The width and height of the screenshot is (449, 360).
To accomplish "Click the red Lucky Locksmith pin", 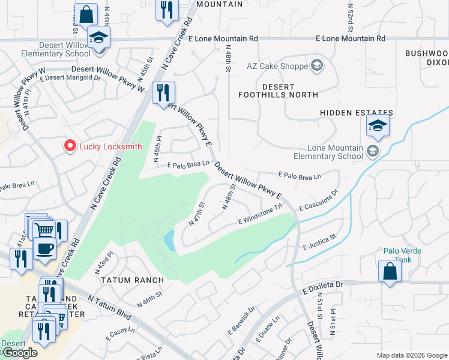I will (70, 146).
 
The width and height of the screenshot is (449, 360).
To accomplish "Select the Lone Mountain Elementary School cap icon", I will (378, 125).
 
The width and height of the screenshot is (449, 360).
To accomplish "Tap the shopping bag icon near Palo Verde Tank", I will (390, 271).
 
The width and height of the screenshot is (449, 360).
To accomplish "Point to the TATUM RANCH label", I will (125, 280).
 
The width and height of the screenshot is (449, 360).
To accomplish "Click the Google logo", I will (19, 353).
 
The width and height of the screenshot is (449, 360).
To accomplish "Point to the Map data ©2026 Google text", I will (411, 355).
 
